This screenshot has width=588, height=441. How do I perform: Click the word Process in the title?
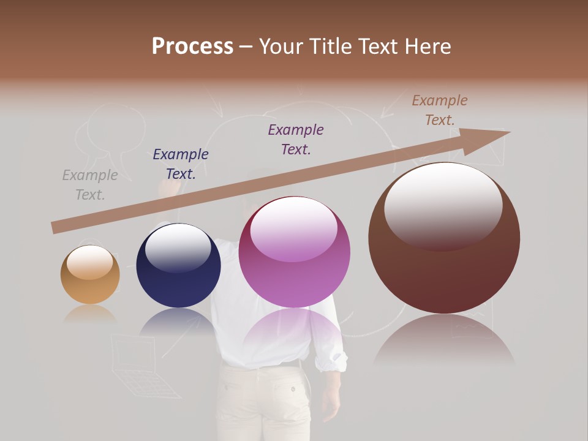[x=192, y=47]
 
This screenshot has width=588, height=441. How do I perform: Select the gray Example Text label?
[x=90, y=185]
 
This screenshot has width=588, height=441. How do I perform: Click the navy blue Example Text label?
[x=181, y=164]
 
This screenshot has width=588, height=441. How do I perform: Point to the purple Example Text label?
[x=296, y=139]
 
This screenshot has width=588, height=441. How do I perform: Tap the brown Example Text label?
[x=440, y=110]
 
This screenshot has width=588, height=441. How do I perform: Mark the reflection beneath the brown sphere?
[x=444, y=340]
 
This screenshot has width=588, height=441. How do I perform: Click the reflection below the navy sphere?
[x=178, y=322]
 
